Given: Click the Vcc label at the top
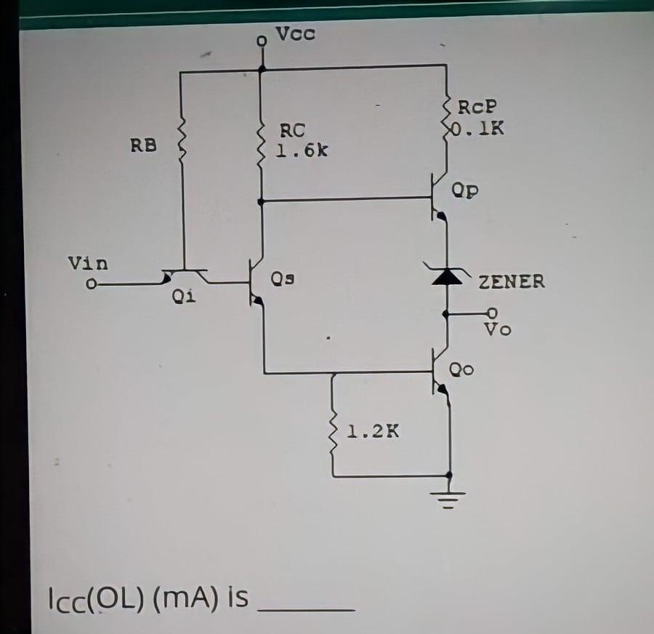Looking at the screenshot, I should pos(296,34).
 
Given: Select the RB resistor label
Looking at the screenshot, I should pos(143,145).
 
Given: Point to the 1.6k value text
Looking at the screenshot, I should pos(301,151).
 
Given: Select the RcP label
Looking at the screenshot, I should pos(477,107).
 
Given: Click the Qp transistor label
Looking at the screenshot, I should pos(465,191).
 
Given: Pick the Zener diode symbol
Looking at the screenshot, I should pos(447,276).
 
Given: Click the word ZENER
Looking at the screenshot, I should pos(512,282).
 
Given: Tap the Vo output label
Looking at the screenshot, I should pos(498,330).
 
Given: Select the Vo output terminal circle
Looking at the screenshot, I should pos(490,313).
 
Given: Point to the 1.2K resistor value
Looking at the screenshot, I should pos(373,431).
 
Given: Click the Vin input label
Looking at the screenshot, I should pos(88,262).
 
